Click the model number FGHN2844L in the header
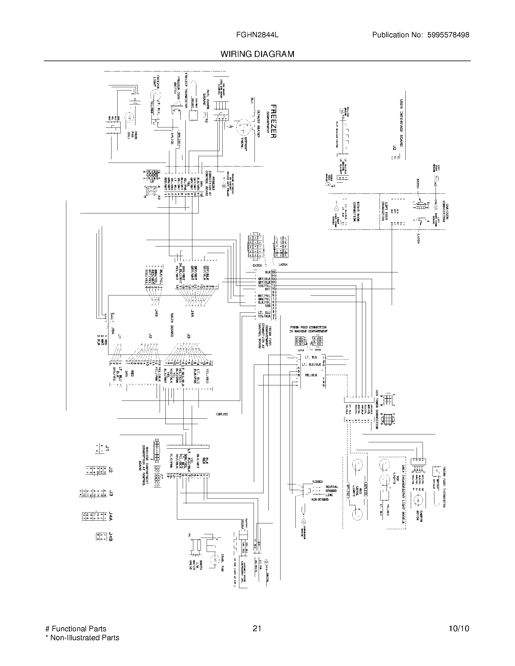(x=257, y=35)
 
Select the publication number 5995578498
(x=448, y=35)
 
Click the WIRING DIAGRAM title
(x=257, y=54)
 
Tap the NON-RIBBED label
(x=320, y=500)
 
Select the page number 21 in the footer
(x=257, y=629)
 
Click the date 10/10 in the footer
(x=459, y=629)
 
